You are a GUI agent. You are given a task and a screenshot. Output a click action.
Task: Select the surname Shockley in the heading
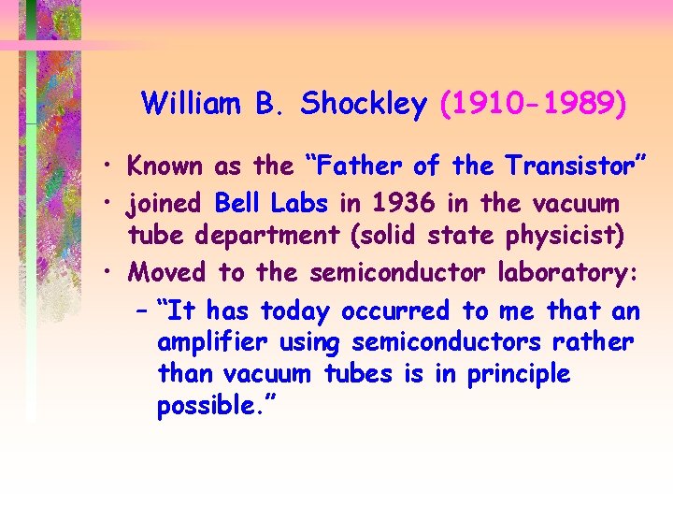coord(364,105)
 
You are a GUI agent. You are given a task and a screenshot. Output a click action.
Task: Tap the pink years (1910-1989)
coord(533,105)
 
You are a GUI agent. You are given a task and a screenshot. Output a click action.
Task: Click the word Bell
coord(239,202)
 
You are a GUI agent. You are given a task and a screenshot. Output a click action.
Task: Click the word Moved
coord(169,272)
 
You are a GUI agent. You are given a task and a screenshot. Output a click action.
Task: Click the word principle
coord(518,374)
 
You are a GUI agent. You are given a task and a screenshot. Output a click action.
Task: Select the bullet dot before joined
coord(110,203)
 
